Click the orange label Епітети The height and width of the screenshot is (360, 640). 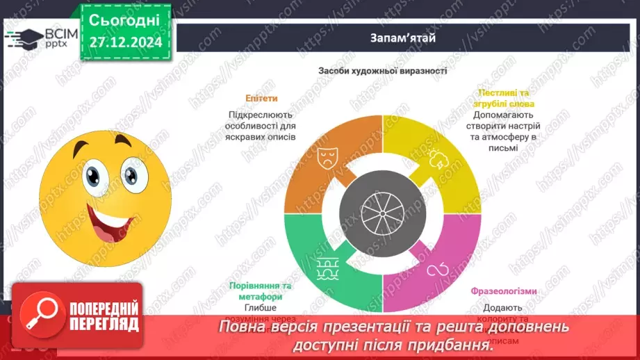pyautogui.click(x=261, y=98)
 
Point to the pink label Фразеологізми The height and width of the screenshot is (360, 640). pyautogui.click(x=504, y=291)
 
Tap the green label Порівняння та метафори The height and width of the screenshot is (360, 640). pyautogui.click(x=261, y=291)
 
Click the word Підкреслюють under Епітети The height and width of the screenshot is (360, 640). pyautogui.click(x=261, y=115)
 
